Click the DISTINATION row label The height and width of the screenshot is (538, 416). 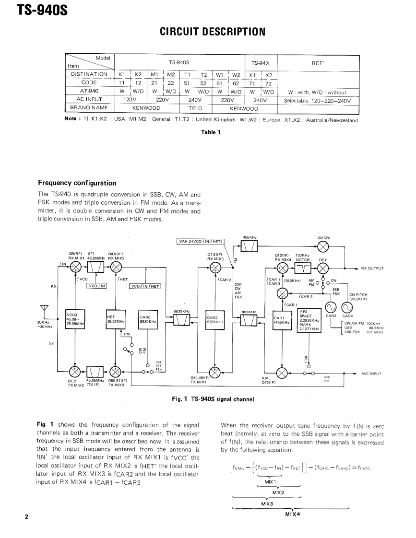coord(89,74)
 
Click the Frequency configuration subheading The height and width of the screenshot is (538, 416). coord(77,183)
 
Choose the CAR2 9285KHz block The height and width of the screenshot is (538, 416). coord(214,320)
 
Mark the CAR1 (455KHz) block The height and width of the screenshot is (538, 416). coord(281,320)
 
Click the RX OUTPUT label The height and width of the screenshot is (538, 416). coord(372,269)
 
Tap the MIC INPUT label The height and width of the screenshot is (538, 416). coord(371,373)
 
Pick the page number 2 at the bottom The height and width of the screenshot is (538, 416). coord(27,516)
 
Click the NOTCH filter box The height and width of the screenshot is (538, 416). coord(303,268)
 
